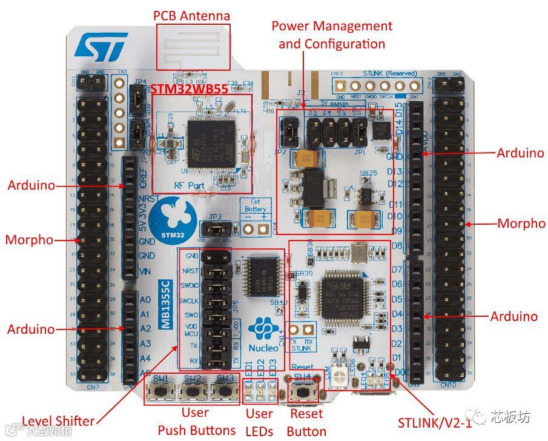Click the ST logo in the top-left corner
[x=101, y=47]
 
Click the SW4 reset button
[x=301, y=393]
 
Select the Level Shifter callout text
[x=58, y=421]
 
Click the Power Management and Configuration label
[x=331, y=35]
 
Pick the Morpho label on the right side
[x=521, y=224]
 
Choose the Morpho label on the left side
[x=29, y=240]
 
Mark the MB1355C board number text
[x=165, y=303]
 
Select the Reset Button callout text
[x=306, y=422]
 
